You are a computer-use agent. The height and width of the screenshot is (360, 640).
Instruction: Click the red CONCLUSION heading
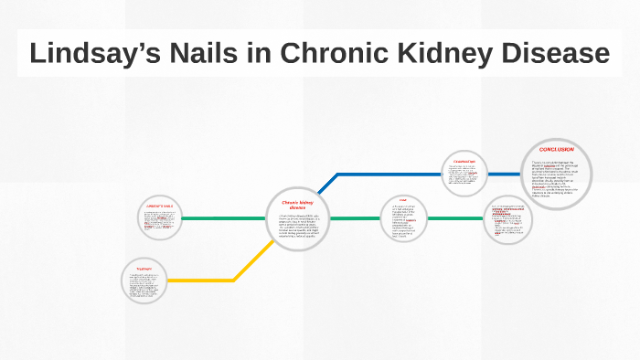point(556,149)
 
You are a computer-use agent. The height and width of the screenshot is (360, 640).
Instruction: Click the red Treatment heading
point(145,269)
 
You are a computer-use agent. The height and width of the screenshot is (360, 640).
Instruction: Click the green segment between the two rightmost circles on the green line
point(457,218)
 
